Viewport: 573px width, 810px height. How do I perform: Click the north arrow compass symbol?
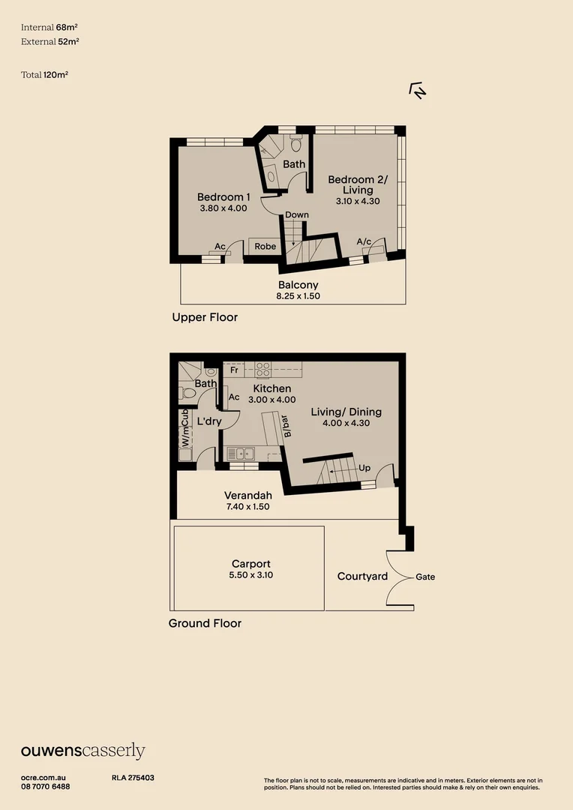pyautogui.click(x=418, y=91)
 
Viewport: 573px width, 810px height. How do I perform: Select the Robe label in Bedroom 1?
pyautogui.click(x=265, y=246)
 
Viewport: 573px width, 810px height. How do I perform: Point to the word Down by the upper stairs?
pyautogui.click(x=297, y=215)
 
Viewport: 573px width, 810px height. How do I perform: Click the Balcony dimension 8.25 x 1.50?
pyautogui.click(x=298, y=296)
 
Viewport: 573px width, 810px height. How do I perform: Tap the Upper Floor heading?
pyautogui.click(x=205, y=317)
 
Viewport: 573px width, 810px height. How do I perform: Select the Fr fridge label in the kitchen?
pyautogui.click(x=235, y=370)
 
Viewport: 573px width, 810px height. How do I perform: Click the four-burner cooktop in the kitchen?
pyautogui.click(x=263, y=369)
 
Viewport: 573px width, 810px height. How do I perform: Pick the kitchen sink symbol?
pyautogui.click(x=241, y=453)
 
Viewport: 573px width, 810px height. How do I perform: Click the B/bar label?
pyautogui.click(x=286, y=425)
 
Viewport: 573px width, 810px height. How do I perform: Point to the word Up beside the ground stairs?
pyautogui.click(x=365, y=468)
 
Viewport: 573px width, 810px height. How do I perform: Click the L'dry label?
pyautogui.click(x=209, y=422)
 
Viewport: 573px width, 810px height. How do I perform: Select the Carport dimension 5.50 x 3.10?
pyautogui.click(x=250, y=576)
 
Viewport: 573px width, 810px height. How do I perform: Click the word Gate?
pyautogui.click(x=425, y=577)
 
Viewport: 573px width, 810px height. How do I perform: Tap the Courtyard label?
pyautogui.click(x=362, y=576)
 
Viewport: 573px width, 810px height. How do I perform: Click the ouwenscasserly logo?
pyautogui.click(x=82, y=751)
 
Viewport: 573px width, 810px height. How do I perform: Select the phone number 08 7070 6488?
pyautogui.click(x=46, y=787)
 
